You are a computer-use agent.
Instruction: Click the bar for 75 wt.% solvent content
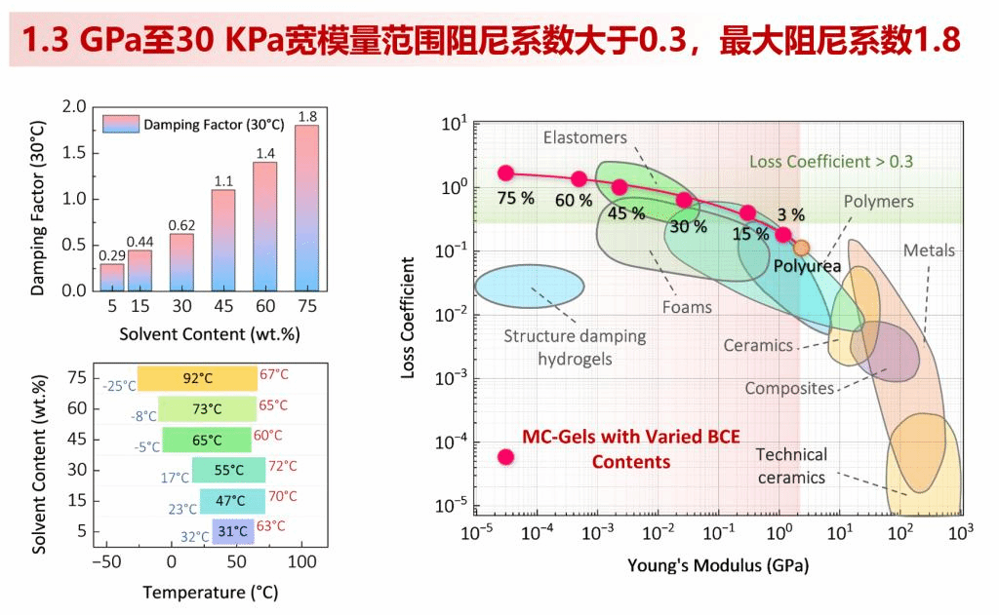click(x=306, y=209)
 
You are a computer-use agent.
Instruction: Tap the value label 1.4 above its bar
click(x=265, y=153)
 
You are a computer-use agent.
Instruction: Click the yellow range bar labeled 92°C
click(x=197, y=378)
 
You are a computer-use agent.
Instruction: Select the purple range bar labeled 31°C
click(x=233, y=531)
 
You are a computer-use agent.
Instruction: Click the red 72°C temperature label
click(x=281, y=466)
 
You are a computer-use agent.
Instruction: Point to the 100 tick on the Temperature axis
click(x=302, y=562)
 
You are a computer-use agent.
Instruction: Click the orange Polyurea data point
click(x=801, y=248)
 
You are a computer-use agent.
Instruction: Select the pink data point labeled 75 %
click(x=505, y=173)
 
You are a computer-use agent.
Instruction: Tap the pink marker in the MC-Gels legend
click(x=505, y=456)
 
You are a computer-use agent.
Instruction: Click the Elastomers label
click(x=585, y=137)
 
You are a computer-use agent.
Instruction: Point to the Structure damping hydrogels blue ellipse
click(x=530, y=286)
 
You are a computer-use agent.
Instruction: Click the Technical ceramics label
click(x=791, y=466)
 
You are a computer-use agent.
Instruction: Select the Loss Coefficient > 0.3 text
click(x=831, y=161)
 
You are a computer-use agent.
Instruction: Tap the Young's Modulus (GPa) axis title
click(x=718, y=565)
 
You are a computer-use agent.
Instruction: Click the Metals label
click(x=929, y=250)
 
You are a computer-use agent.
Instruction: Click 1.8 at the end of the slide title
click(x=938, y=40)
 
